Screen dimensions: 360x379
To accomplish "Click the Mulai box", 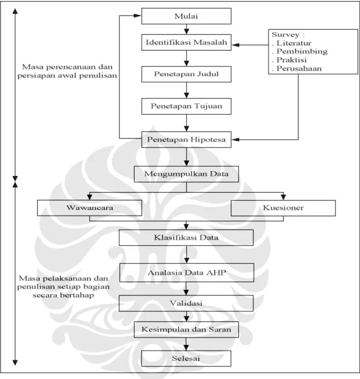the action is pos(186,16).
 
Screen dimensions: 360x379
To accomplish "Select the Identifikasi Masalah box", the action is pos(186,43).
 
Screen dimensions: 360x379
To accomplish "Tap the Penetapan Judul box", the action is pos(186,74).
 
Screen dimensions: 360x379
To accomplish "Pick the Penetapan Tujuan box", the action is pos(186,106).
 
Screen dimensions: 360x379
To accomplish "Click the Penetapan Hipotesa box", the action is pos(186,140).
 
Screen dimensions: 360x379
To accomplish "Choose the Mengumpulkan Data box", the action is pos(186,174).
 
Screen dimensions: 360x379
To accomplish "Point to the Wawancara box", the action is pos(89,208).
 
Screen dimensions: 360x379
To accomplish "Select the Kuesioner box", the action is pos(283,208).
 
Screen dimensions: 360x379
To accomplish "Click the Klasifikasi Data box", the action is pos(186,238).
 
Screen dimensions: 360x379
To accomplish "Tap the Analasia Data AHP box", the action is pos(187,273).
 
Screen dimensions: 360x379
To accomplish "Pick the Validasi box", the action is pos(186,303).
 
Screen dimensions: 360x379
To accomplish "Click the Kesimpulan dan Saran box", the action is pos(186,329).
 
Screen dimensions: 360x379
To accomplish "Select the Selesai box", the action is pos(186,358).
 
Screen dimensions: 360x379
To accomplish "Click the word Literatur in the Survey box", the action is pos(294,43).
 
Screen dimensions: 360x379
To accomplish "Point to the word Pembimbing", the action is pos(302,51).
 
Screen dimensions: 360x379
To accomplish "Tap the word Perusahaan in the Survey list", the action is pos(299,68).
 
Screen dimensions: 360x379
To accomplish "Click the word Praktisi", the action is pos(291,60).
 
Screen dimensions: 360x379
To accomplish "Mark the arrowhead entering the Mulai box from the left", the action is pos(137,16).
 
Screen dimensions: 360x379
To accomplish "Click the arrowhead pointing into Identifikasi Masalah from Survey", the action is pos(235,45).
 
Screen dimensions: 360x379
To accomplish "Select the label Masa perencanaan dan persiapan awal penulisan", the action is pos(67,71).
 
